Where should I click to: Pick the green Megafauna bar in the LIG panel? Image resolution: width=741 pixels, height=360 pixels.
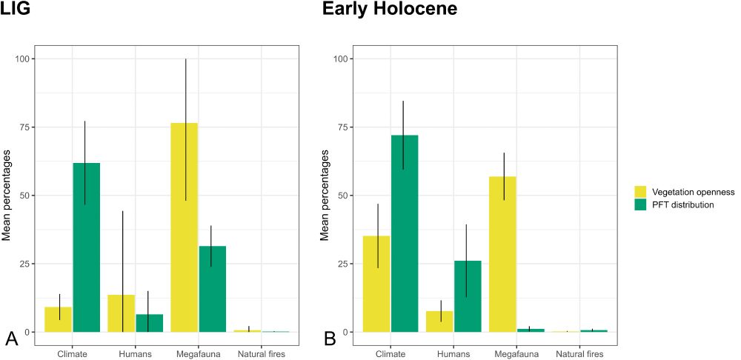point(212,289)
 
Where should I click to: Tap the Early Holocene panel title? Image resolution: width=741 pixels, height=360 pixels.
point(389,10)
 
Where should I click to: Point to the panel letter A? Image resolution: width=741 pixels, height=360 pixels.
point(12,339)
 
